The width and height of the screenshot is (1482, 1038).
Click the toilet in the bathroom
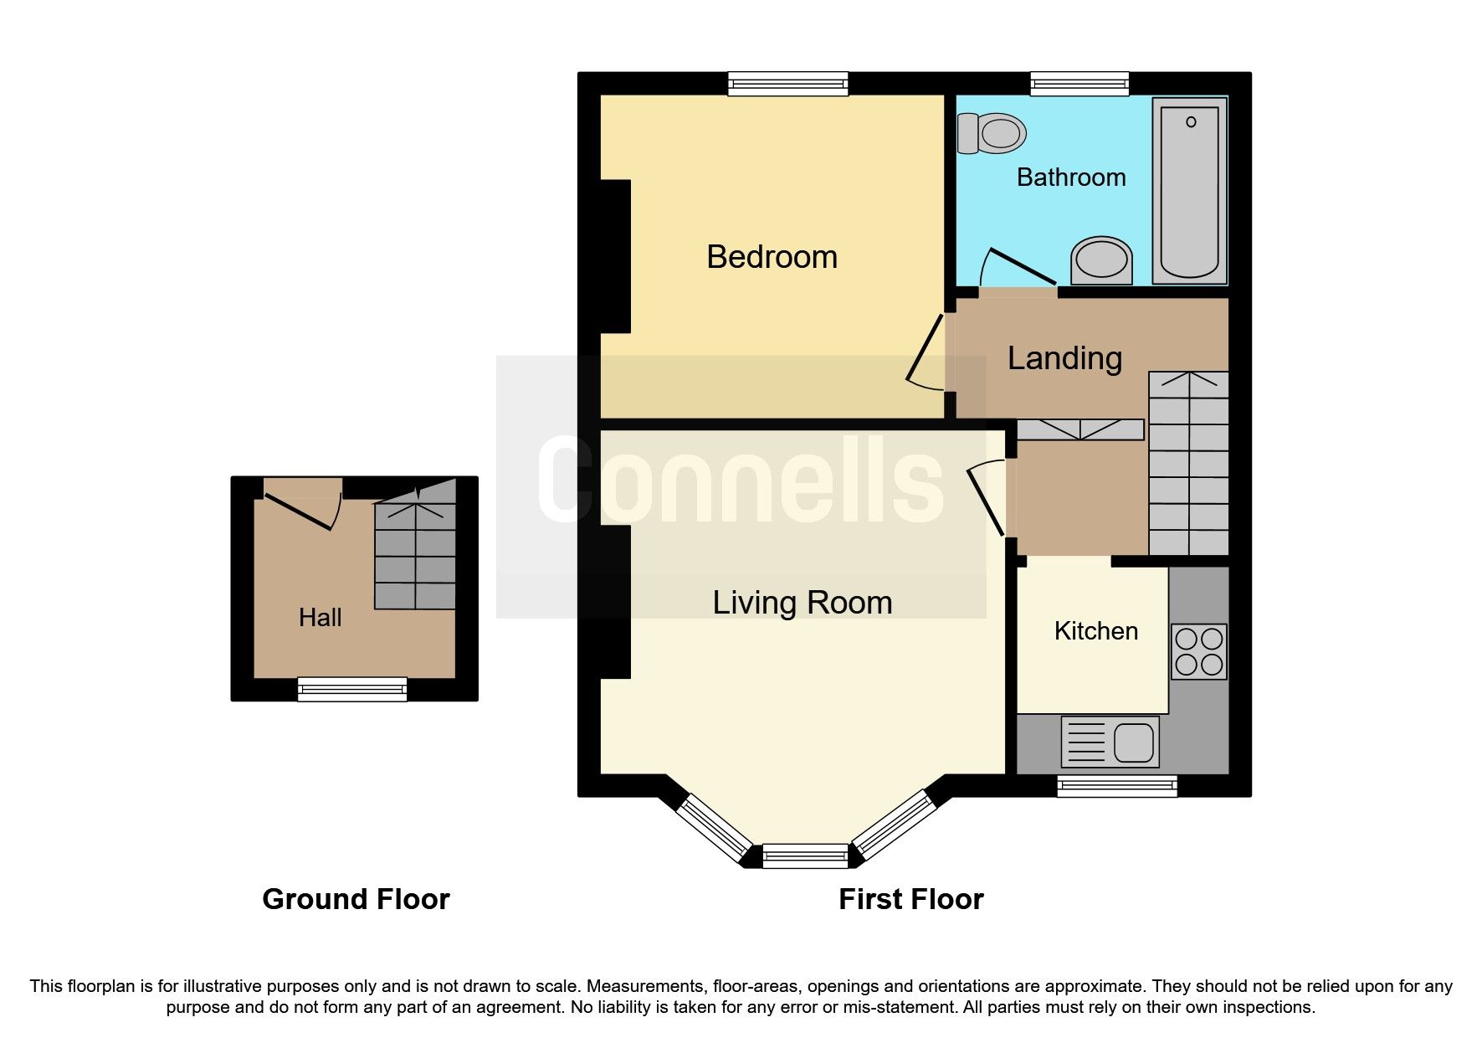(992, 133)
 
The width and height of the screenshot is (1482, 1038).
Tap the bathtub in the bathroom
(1189, 191)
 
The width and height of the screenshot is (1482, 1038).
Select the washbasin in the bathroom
(1101, 260)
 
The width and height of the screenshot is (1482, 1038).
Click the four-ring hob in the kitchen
(1198, 651)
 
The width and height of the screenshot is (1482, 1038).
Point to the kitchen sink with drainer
(1110, 742)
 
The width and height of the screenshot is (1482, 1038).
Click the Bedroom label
(772, 257)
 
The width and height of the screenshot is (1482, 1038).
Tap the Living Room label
(802, 603)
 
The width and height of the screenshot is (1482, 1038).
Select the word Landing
(1064, 358)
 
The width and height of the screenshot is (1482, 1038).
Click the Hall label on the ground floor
(320, 618)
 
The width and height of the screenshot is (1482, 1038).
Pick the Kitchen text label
(1095, 631)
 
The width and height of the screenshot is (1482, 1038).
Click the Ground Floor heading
(356, 899)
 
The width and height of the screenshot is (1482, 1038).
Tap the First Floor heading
(910, 899)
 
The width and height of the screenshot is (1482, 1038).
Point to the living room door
(986, 501)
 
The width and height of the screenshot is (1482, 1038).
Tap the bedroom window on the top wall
(787, 83)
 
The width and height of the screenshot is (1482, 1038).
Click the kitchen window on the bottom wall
(1116, 784)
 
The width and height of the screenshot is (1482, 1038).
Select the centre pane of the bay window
(805, 855)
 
